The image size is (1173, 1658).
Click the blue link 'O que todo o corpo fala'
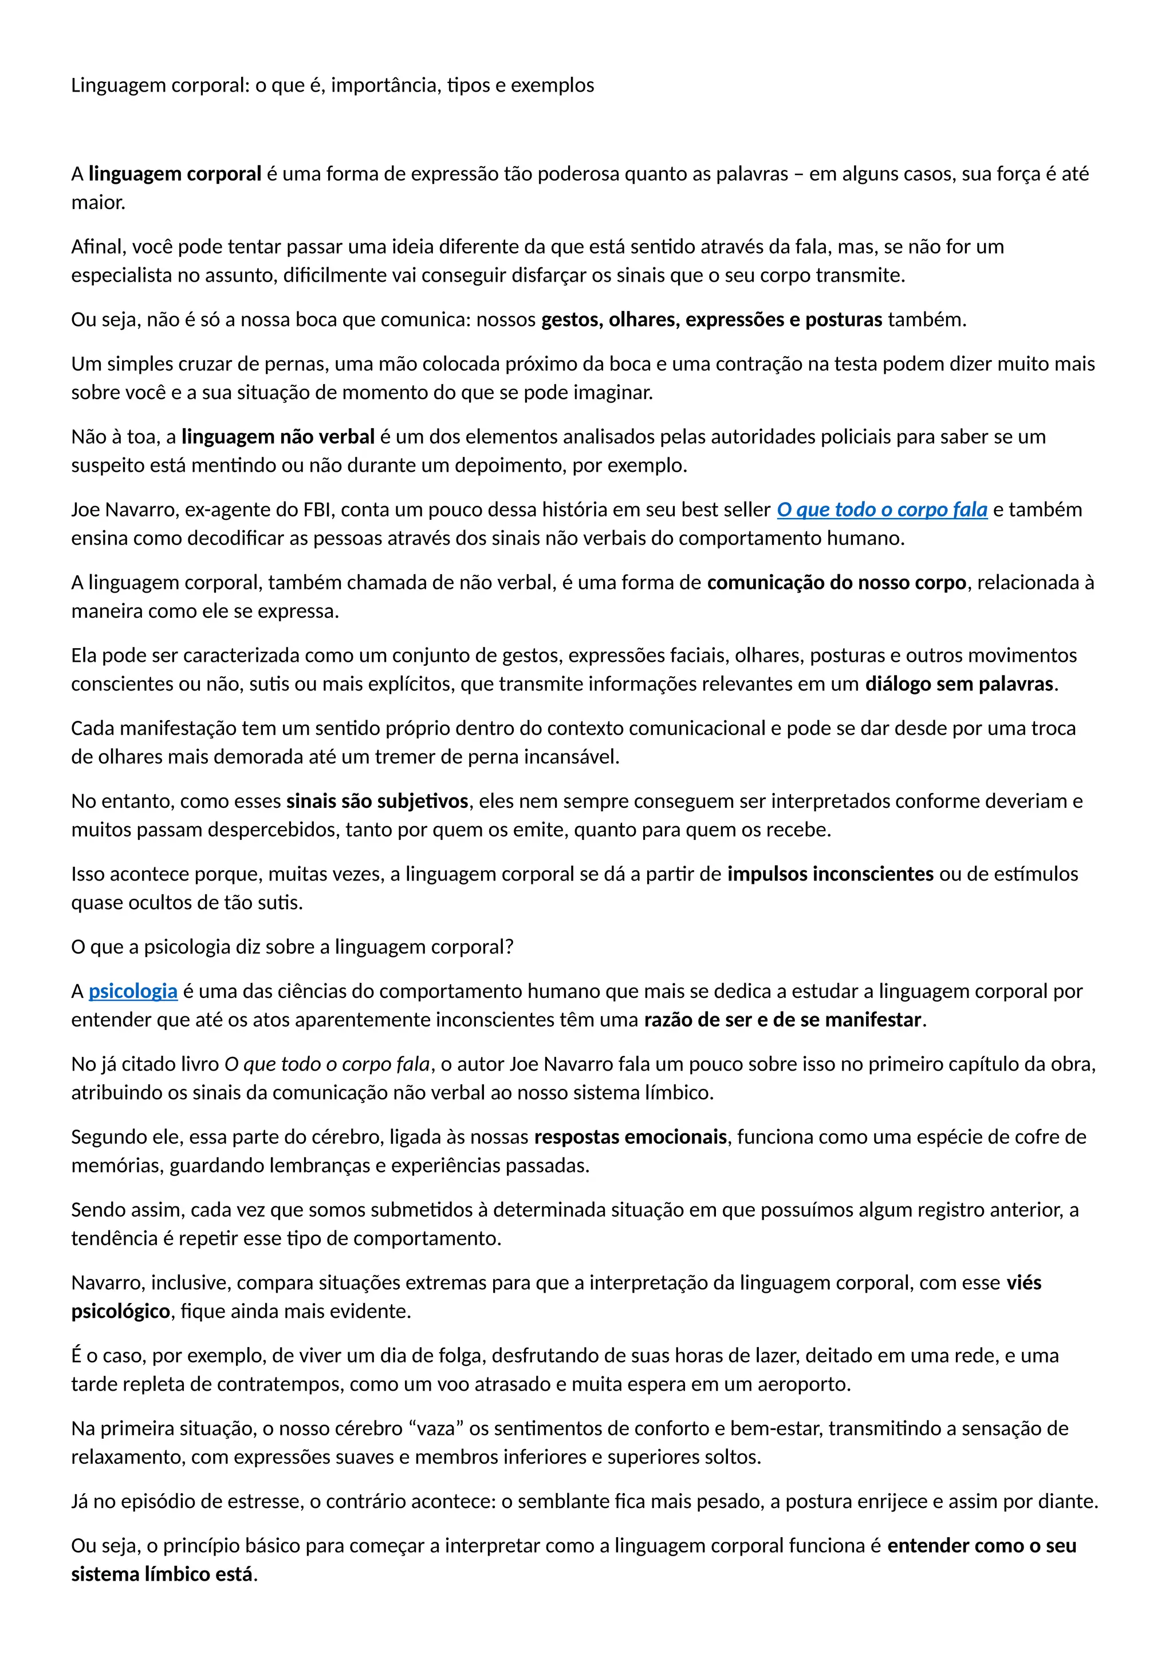[881, 510]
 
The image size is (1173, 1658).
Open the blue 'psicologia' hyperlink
[133, 992]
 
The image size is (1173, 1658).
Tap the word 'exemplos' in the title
[553, 86]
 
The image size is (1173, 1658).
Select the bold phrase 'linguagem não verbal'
[278, 437]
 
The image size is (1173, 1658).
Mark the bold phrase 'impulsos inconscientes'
[830, 874]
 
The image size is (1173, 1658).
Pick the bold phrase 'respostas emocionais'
[631, 1138]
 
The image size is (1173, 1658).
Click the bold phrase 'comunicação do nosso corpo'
[836, 583]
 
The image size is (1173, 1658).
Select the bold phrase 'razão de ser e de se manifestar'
[783, 1020]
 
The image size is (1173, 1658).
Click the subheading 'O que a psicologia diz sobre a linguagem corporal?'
[293, 948]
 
